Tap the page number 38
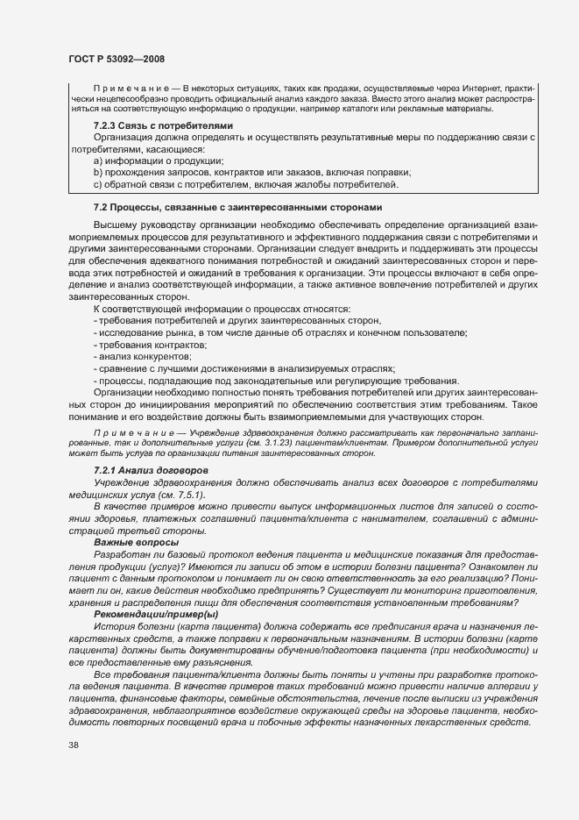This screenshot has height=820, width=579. (73, 745)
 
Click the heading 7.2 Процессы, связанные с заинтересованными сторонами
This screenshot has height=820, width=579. (237, 207)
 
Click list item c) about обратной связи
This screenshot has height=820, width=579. (246, 184)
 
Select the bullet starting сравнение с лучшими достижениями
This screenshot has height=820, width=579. (245, 368)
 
